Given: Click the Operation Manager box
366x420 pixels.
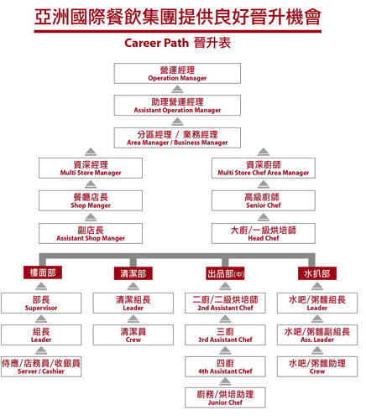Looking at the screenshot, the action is tap(177, 73).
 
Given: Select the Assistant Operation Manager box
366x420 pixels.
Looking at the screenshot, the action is tap(177, 106).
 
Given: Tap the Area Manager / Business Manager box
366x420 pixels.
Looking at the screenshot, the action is tap(177, 137).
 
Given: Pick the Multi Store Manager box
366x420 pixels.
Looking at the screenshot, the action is tap(91, 168).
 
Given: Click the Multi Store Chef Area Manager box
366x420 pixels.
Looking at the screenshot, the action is tap(264, 168).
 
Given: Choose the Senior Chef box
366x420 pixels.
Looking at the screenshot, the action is tap(264, 200).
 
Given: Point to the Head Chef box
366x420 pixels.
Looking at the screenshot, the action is tap(264, 233).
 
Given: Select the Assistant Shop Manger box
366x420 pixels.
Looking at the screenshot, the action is tap(91, 233).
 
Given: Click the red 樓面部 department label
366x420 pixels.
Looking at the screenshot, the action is tap(43, 272).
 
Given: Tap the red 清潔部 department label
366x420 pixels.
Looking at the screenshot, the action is tap(133, 273).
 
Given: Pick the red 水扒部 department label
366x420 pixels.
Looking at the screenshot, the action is tap(317, 273).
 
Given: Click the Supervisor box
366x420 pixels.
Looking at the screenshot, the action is tap(41, 303).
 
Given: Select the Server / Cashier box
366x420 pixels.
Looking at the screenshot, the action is tap(41, 366).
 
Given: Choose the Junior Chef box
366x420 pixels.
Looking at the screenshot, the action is tap(225, 397).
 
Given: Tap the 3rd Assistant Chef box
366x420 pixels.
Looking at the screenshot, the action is tap(225, 334).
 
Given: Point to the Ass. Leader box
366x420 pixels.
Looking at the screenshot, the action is tap(317, 334).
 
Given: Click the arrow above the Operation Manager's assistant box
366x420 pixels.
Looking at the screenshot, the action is tap(177, 90).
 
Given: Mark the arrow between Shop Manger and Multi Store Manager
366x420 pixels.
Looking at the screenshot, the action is tap(91, 184).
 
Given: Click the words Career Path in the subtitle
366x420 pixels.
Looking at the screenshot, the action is tap(156, 43).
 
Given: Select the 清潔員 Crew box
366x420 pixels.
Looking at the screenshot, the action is tap(133, 334).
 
